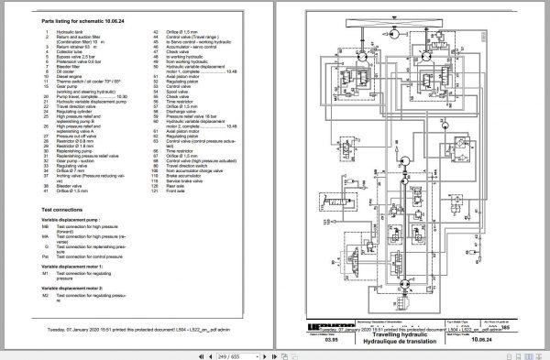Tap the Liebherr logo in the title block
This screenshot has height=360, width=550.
click(309, 338)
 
